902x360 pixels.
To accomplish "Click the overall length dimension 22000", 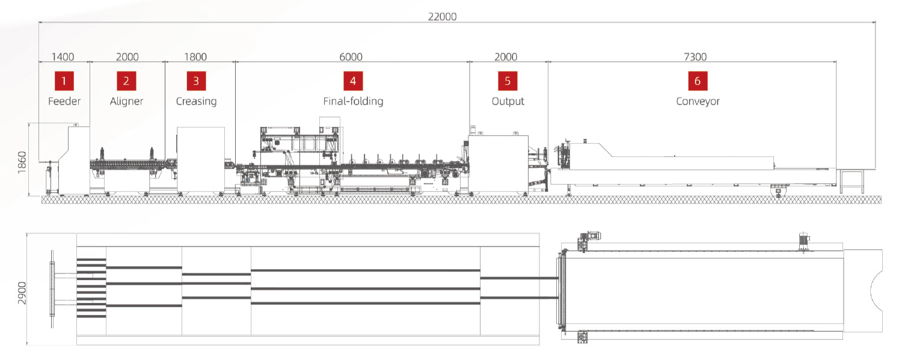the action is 442,16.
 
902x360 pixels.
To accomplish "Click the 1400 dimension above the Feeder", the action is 63,56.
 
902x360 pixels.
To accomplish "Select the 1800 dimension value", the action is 195,56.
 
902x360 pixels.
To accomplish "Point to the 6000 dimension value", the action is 351,56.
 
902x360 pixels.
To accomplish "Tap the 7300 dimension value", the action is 695,56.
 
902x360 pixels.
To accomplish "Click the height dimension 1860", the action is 22,162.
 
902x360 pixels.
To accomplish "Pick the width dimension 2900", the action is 22,293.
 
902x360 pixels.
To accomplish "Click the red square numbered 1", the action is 64,81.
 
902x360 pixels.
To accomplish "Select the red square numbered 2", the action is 126,81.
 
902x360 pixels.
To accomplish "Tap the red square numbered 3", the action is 196,81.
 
